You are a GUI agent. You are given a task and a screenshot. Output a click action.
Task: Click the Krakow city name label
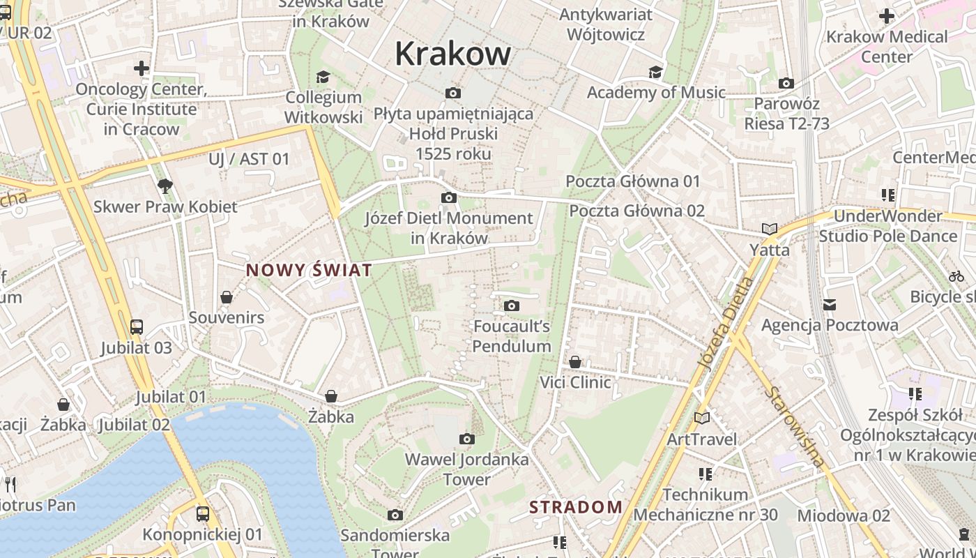click(x=453, y=54)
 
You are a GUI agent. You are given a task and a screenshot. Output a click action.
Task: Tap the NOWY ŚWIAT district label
click(x=307, y=270)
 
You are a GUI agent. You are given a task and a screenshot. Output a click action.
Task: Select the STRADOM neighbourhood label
click(x=576, y=507)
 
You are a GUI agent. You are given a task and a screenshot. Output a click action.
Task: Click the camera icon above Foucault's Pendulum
click(x=512, y=306)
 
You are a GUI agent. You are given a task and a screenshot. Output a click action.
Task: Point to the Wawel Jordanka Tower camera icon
click(x=467, y=439)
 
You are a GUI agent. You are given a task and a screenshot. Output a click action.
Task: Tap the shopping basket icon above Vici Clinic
click(x=575, y=362)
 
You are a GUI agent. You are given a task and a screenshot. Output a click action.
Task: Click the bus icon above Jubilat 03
click(x=137, y=327)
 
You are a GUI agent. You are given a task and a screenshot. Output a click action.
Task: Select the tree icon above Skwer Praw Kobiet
click(x=165, y=186)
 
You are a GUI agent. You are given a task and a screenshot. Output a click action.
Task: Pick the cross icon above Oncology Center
click(x=142, y=68)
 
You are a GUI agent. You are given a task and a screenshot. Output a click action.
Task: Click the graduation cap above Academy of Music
click(x=655, y=72)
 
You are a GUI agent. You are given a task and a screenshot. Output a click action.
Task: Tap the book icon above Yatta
click(x=770, y=229)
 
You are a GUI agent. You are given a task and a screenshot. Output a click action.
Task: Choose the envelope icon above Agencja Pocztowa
click(x=830, y=304)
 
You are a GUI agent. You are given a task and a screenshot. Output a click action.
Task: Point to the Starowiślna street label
click(x=795, y=426)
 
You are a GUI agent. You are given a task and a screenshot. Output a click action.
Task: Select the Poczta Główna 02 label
click(x=636, y=211)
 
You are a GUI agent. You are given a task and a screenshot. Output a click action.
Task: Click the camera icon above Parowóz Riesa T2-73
click(x=786, y=84)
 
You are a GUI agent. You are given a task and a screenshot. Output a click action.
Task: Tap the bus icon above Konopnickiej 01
click(x=203, y=514)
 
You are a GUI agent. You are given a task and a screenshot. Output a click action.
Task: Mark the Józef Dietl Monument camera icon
click(x=449, y=198)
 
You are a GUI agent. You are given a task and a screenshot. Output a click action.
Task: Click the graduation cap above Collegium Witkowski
click(x=323, y=76)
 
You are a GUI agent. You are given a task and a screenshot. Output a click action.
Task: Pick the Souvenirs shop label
click(x=227, y=317)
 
